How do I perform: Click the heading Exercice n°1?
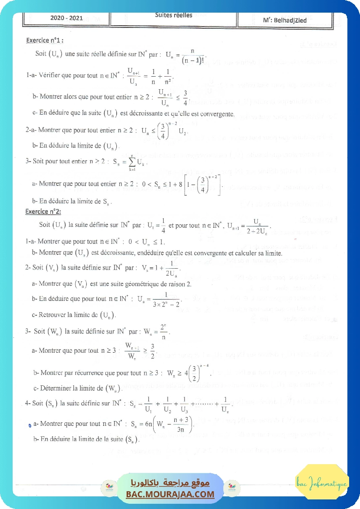[x=45, y=40]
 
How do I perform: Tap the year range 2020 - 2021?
[x=67, y=18]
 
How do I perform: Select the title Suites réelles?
[x=173, y=15]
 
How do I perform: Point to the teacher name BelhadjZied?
[x=285, y=20]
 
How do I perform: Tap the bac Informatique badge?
[x=322, y=483]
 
